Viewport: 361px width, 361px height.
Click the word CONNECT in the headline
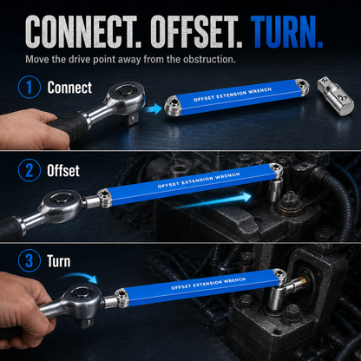pos(82,31)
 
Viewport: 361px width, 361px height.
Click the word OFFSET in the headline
pos(196,31)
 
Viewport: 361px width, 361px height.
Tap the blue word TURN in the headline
pos(286,31)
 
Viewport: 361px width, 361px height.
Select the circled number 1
pos(30,87)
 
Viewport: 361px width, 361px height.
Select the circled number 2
pos(30,170)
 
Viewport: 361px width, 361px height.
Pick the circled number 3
pos(30,260)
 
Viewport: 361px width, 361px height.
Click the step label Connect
pos(69,88)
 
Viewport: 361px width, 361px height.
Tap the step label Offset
pos(63,171)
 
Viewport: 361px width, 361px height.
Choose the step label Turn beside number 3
pos(59,261)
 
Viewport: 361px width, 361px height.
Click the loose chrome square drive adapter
pos(335,95)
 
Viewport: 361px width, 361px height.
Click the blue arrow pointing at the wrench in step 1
pos(154,109)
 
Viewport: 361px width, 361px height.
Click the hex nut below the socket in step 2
pos(290,202)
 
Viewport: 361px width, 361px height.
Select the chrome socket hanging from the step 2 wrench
pos(273,188)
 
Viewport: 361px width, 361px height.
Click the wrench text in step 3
pos(208,284)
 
